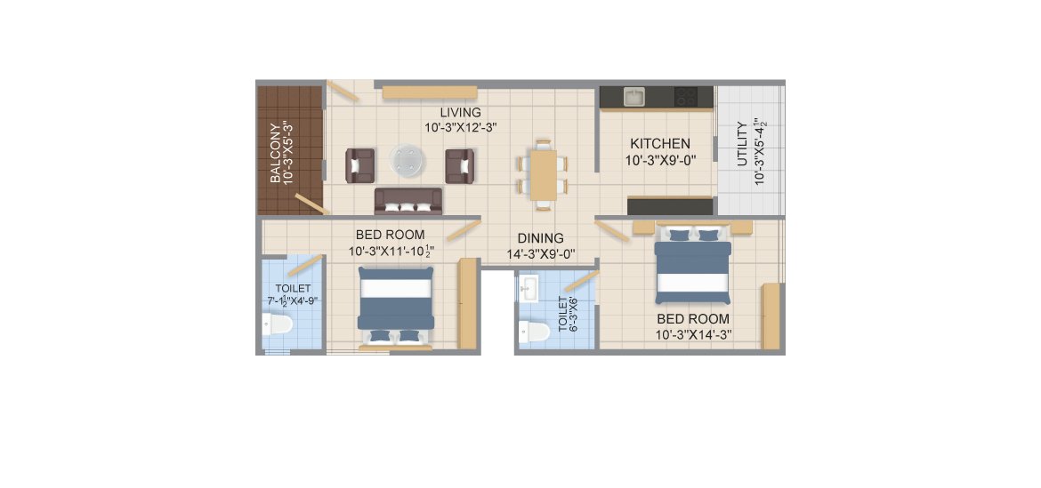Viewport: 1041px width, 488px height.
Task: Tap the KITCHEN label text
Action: pyautogui.click(x=660, y=143)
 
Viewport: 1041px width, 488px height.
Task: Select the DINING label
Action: pyautogui.click(x=540, y=238)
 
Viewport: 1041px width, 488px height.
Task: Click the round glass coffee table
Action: pyautogui.click(x=407, y=162)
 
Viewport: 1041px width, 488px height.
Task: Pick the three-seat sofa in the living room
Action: pyautogui.click(x=408, y=201)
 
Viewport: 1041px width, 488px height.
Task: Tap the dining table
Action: pyautogui.click(x=543, y=174)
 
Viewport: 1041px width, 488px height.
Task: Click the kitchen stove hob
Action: pyautogui.click(x=686, y=97)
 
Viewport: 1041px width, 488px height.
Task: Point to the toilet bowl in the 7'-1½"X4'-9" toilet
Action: pyautogui.click(x=278, y=325)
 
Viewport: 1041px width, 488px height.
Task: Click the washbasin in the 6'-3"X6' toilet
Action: pyautogui.click(x=530, y=289)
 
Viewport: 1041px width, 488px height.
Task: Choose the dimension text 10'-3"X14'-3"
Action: pyautogui.click(x=693, y=335)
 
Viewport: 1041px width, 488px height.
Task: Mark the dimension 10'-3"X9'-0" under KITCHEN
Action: pyautogui.click(x=660, y=160)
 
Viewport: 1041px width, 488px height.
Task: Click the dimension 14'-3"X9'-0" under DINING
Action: pyautogui.click(x=540, y=253)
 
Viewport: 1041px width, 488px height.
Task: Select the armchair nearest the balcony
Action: pyautogui.click(x=359, y=165)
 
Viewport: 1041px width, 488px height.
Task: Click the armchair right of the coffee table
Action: pyautogui.click(x=459, y=165)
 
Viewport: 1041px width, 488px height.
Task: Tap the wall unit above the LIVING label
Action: pyautogui.click(x=430, y=92)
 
